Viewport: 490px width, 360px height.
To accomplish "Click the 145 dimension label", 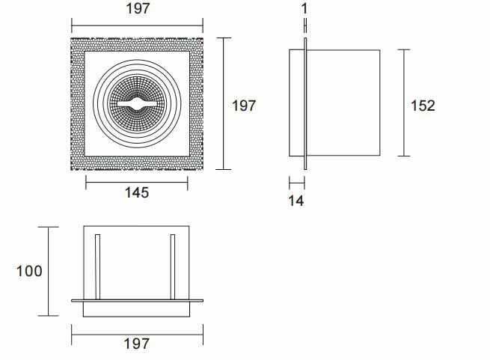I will (x=137, y=192).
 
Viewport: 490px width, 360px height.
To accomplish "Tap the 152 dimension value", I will (x=423, y=105).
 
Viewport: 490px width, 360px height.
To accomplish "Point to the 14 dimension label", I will (x=296, y=200).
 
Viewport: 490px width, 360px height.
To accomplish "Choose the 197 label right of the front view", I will (x=243, y=106).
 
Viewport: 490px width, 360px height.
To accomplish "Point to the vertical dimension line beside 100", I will (x=49, y=271).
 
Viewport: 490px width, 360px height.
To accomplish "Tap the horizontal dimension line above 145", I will (x=137, y=180).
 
